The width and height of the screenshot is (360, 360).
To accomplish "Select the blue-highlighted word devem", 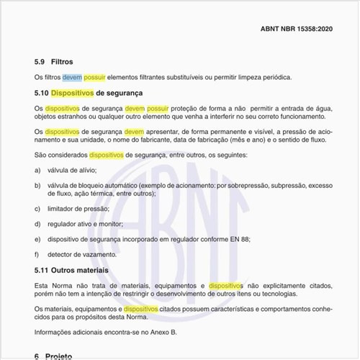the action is [72, 77].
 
